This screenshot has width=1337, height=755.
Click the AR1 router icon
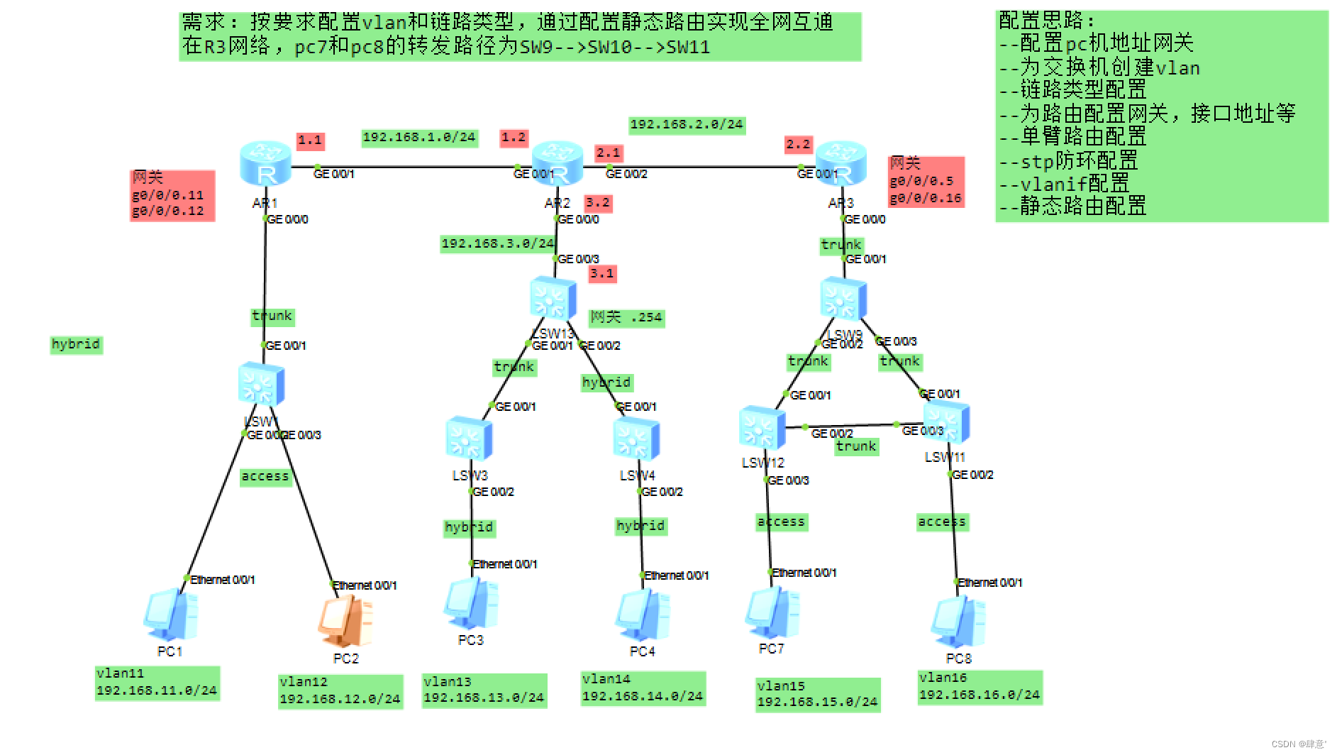pos(265,162)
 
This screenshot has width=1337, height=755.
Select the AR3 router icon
pos(841,162)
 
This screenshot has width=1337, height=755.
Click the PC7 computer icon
pos(772,612)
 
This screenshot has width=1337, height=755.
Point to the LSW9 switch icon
pos(843,299)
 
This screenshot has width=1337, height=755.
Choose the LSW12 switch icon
pos(761,428)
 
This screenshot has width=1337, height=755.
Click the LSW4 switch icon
pos(636,439)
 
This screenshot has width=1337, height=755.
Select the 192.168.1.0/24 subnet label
pos(419,138)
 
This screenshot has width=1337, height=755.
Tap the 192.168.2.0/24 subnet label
pos(687,125)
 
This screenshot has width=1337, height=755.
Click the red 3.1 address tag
pos(602,273)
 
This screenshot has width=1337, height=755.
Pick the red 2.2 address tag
pos(798,144)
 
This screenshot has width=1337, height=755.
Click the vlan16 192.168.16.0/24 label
pos(980,687)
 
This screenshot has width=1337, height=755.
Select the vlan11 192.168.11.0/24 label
pos(157,683)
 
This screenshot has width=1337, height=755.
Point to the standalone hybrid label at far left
pos(76,345)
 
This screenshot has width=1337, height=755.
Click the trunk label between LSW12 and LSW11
pos(856,446)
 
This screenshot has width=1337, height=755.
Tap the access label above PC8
pos(942,522)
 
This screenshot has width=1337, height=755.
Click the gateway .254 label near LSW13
pos(626,317)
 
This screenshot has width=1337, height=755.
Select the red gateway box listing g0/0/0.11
pos(172,195)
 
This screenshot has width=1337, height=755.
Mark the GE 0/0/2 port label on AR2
pos(626,174)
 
